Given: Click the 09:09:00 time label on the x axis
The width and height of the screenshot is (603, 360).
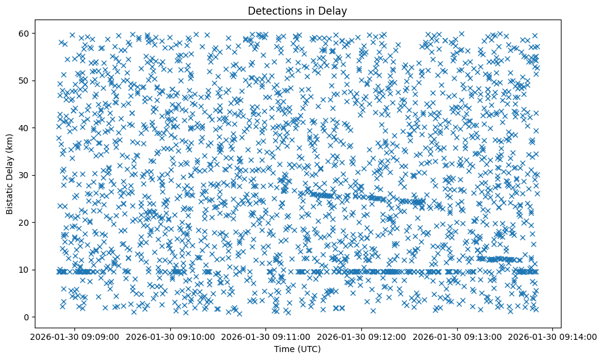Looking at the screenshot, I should (74, 337).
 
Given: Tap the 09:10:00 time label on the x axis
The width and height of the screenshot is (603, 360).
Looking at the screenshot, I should (170, 337).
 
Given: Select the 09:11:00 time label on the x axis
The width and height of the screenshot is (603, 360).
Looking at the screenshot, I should (266, 337).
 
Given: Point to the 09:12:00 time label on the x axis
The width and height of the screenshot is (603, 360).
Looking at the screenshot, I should (362, 337).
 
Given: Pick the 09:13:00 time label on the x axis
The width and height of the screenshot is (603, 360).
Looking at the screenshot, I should (458, 337).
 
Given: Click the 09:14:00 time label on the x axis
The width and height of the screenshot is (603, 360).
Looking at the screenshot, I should (553, 337).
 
